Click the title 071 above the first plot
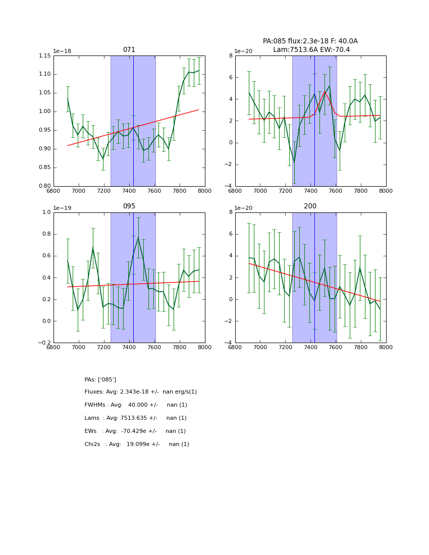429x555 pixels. click(129, 50)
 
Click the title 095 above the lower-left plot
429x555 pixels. click(129, 206)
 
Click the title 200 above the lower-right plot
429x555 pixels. click(310, 206)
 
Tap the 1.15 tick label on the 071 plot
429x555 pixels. click(44, 55)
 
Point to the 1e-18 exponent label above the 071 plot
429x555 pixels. click(62, 51)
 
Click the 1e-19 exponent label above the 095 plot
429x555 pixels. click(62, 208)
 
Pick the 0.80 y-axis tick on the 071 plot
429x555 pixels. click(44, 186)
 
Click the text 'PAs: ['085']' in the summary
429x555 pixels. click(100, 379)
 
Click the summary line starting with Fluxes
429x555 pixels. click(141, 392)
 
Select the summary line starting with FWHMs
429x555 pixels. click(136, 405)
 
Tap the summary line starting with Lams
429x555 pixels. click(136, 418)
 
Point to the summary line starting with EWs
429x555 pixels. click(135, 431)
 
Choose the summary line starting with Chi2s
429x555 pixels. click(137, 445)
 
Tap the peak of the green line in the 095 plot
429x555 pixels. click(138, 237)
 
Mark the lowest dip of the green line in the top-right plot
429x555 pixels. click(294, 162)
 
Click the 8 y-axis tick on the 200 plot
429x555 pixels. click(230, 212)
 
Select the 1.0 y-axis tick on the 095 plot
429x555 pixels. click(46, 212)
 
